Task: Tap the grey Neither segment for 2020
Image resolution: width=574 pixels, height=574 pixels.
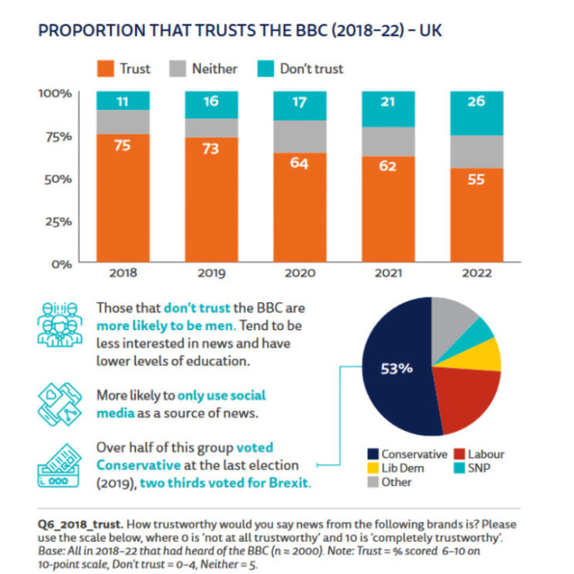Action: (299, 137)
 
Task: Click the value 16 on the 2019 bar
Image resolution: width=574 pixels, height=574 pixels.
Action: (211, 101)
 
